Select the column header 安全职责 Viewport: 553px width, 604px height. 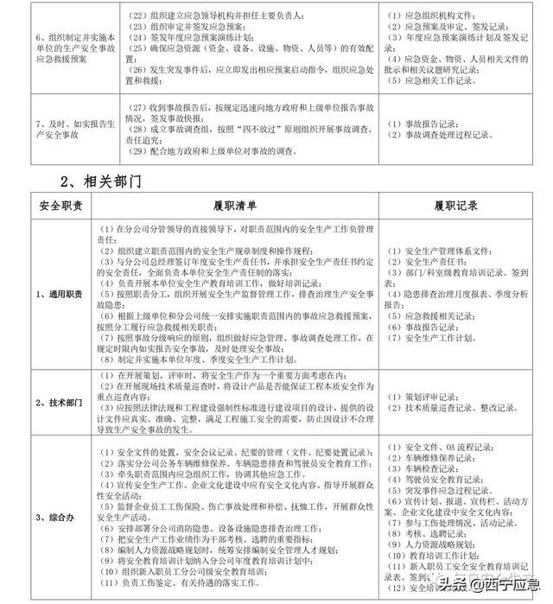coord(60,207)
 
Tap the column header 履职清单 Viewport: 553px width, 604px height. coord(234,207)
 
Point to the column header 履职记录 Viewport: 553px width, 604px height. coord(458,207)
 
